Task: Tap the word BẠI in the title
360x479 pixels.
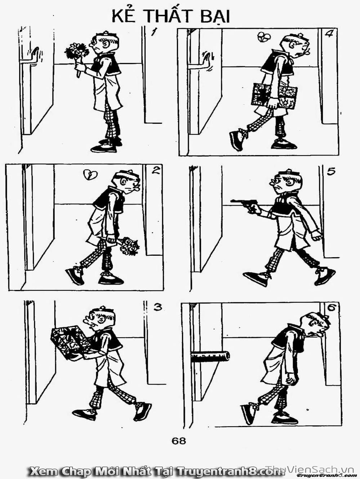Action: point(215,16)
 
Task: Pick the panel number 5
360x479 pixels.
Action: point(331,172)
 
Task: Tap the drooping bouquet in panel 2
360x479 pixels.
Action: point(127,246)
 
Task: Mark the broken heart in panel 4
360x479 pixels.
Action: point(263,37)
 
